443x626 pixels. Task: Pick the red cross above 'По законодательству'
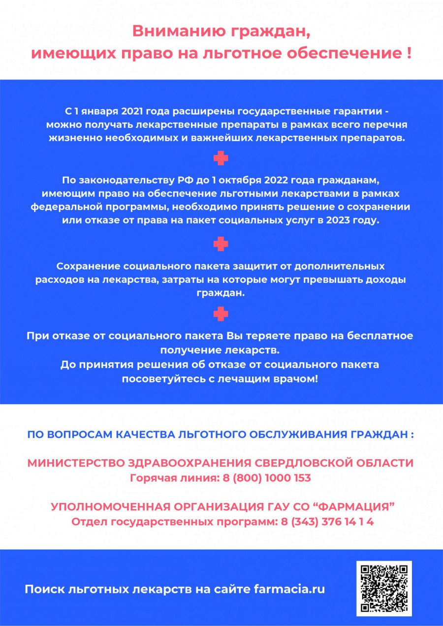pos(221,158)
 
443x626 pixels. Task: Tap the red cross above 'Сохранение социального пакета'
pos(221,244)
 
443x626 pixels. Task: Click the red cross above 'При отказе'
pos(221,313)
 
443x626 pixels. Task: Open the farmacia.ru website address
pos(289,589)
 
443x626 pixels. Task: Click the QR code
pos(384,589)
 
